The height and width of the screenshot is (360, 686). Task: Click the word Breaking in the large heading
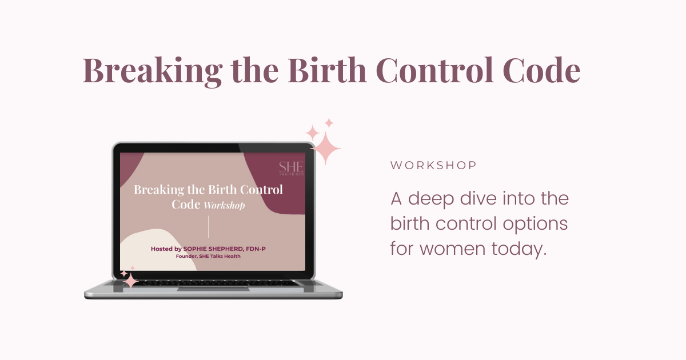tap(153, 71)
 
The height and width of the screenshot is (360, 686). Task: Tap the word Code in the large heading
tap(541, 70)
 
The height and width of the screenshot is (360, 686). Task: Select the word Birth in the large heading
tap(327, 70)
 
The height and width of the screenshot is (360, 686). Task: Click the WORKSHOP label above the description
tap(433, 165)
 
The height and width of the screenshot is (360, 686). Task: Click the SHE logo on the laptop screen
tap(291, 169)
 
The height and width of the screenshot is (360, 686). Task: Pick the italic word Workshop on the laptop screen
tap(224, 205)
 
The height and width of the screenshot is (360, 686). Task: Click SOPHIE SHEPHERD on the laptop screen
tap(213, 249)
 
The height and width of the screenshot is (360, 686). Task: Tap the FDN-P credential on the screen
tap(256, 249)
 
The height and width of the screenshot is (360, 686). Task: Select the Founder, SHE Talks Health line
tap(208, 256)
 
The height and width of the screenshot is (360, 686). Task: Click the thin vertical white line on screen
tap(208, 227)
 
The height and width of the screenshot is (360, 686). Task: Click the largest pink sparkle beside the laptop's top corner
tap(325, 149)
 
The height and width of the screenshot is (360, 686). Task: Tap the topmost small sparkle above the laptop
tap(329, 123)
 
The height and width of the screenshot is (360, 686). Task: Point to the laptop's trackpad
tap(213, 289)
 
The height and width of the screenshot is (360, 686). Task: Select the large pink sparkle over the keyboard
tap(131, 281)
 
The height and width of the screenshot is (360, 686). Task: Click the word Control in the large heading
tap(434, 70)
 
